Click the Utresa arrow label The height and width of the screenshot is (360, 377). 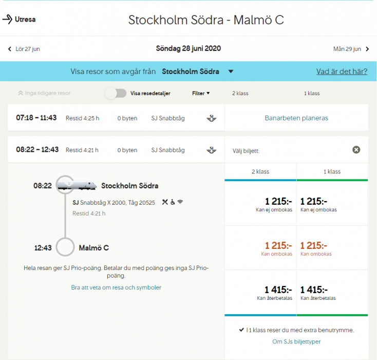click(19, 20)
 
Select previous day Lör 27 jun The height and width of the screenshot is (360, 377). click(24, 49)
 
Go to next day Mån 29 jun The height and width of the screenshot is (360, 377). click(351, 49)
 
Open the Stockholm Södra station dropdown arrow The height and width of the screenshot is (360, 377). click(231, 71)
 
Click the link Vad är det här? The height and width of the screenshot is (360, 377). click(342, 71)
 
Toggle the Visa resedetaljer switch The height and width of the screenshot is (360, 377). click(116, 93)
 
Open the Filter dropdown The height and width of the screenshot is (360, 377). click(201, 94)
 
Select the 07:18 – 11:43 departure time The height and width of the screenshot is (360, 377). click(37, 118)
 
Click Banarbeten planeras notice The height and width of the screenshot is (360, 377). click(296, 118)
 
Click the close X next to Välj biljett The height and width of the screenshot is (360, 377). click(356, 150)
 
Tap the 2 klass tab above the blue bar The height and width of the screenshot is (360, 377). click(260, 172)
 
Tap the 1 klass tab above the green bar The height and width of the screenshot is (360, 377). click(332, 172)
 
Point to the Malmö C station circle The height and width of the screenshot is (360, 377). click(65, 247)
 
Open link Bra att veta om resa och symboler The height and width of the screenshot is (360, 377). click(116, 287)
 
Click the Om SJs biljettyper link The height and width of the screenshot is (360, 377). click(296, 341)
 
